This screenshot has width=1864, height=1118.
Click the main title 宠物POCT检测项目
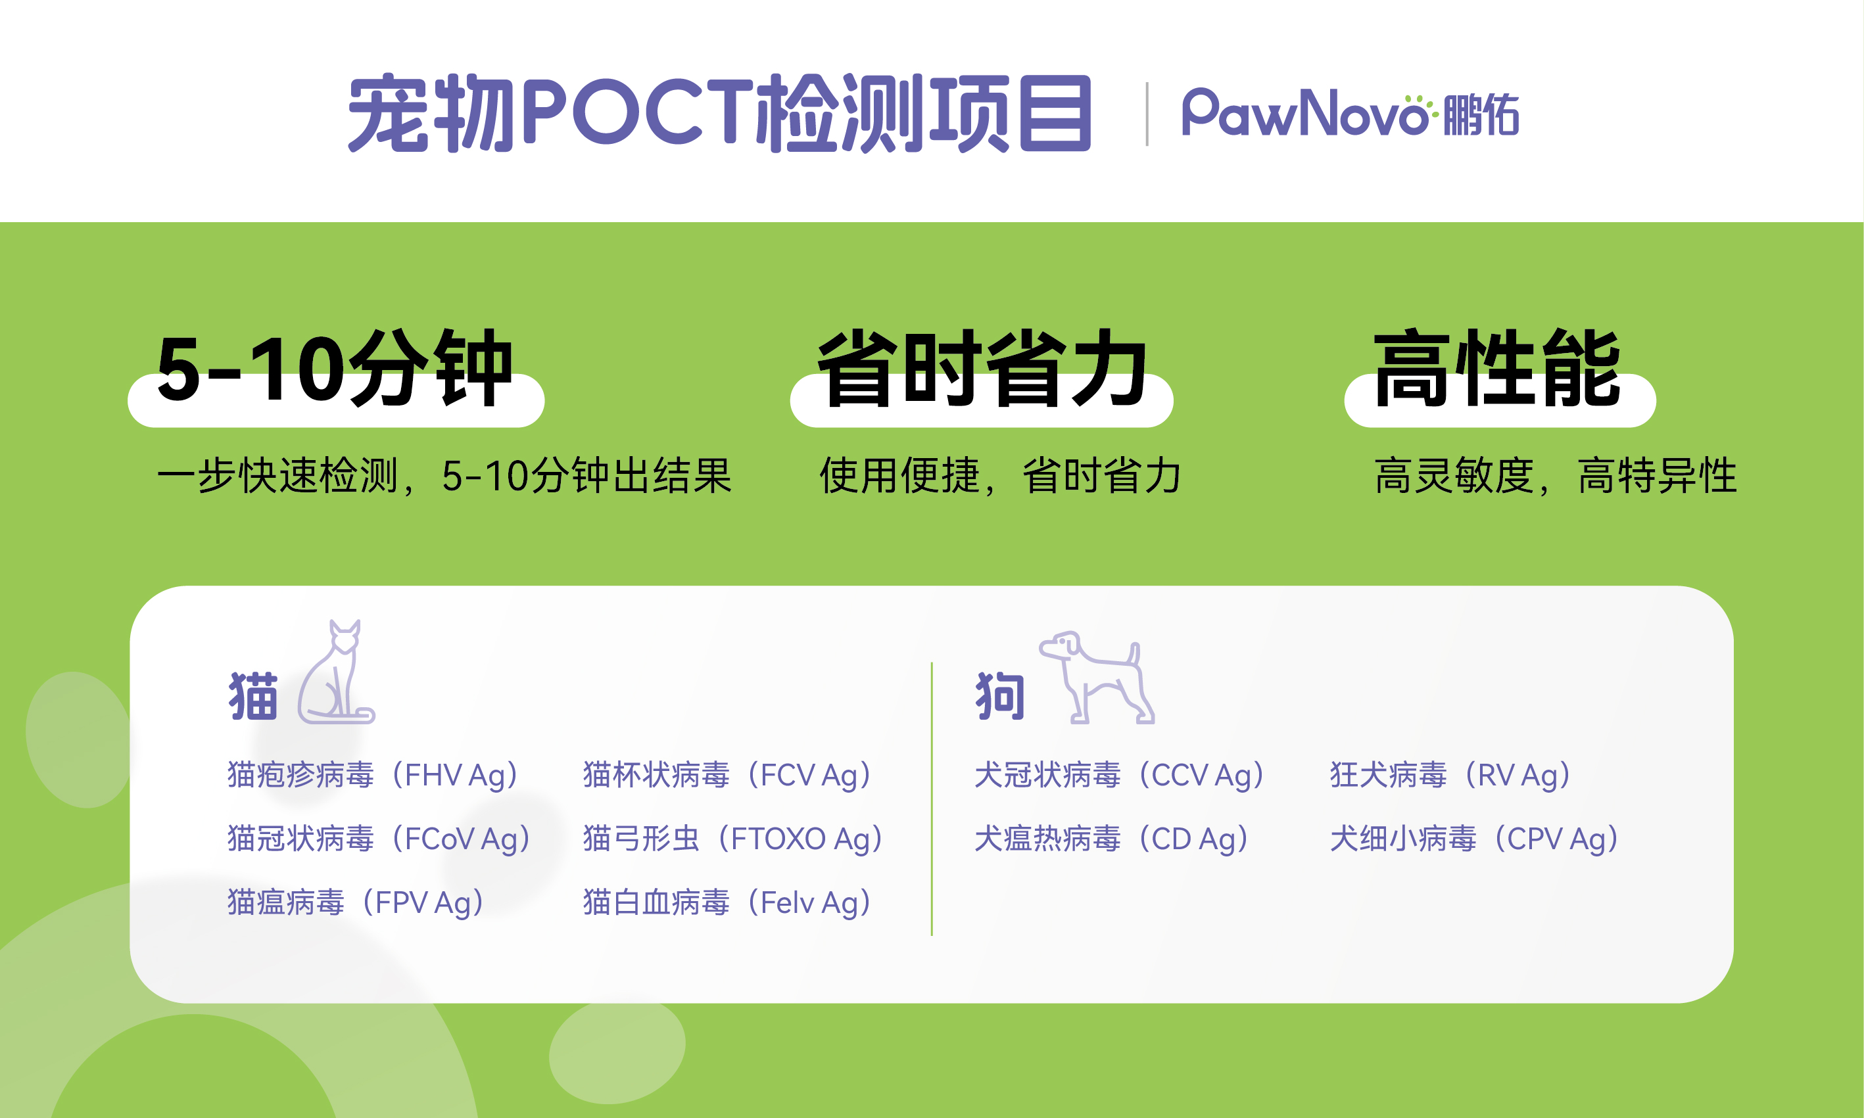[x=719, y=113]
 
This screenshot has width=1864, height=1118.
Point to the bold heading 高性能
[x=1497, y=369]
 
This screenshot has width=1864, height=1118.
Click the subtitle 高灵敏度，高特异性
[x=1556, y=475]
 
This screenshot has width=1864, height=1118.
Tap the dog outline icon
[x=1097, y=676]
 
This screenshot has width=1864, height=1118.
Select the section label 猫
[x=253, y=696]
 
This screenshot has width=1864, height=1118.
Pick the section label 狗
[x=1000, y=696]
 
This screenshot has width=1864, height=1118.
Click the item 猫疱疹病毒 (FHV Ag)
[x=375, y=775]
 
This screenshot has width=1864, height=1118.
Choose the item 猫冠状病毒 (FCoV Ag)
[x=381, y=839]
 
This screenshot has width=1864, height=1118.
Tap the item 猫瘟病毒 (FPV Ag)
[x=357, y=902]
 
